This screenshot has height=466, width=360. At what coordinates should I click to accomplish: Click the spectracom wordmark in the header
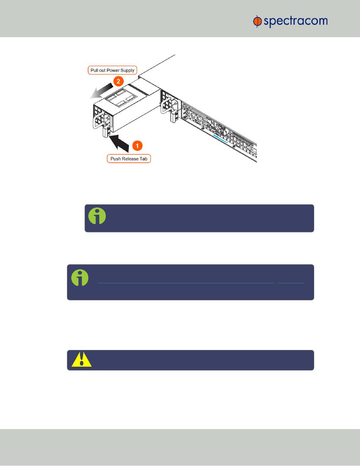click(296, 22)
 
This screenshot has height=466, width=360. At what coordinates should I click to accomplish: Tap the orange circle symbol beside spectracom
click(257, 22)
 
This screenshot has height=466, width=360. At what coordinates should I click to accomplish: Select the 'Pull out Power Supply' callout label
click(112, 71)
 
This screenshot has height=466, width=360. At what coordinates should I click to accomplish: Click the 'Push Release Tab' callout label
click(129, 158)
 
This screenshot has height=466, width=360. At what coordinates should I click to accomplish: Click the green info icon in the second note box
click(80, 278)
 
